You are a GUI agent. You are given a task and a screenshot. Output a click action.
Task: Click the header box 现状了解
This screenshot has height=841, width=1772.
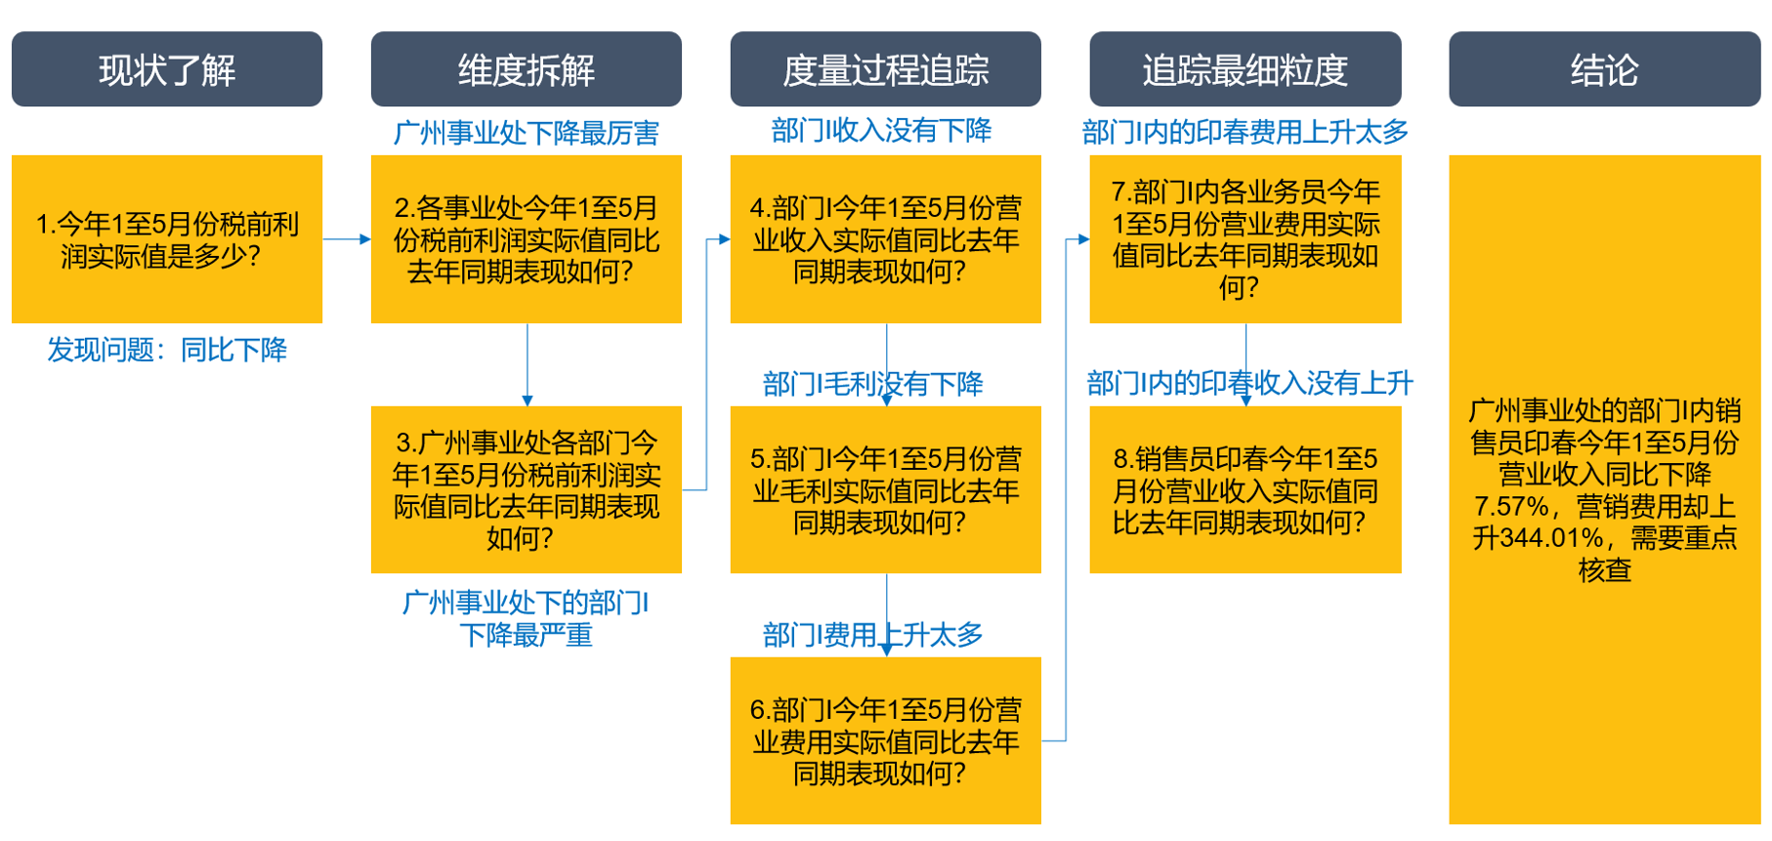[x=167, y=69]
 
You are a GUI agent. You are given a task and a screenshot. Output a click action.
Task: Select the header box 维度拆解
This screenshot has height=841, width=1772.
[x=527, y=69]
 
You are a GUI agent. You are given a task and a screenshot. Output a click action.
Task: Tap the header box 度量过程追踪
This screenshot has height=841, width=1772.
[x=886, y=69]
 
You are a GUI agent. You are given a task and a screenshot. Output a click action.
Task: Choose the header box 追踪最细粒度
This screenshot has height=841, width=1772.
[x=1245, y=69]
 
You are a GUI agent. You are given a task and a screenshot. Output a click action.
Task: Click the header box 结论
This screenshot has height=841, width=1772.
[x=1605, y=69]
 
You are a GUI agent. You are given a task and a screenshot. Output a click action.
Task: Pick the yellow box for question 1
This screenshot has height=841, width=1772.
[x=167, y=239]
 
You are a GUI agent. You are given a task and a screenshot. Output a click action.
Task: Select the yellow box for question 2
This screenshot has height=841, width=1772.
[x=527, y=239]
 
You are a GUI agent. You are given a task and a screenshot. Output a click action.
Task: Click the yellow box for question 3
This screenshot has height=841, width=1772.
[x=527, y=489]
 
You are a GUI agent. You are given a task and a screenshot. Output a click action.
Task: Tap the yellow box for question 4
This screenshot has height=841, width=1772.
[x=886, y=239]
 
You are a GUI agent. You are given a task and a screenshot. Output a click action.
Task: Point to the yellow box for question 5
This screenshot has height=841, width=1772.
[x=886, y=489]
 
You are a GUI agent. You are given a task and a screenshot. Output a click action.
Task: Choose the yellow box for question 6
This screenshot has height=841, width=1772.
[x=886, y=740]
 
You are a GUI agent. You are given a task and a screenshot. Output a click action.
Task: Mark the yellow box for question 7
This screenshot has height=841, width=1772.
[x=1245, y=239]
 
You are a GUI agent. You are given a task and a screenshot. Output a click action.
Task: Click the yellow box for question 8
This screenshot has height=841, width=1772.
[x=1245, y=489]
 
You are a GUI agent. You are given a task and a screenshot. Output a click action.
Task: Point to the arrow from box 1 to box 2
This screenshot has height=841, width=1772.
[x=347, y=239]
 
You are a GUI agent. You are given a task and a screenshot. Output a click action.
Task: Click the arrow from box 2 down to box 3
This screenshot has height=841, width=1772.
[x=527, y=365]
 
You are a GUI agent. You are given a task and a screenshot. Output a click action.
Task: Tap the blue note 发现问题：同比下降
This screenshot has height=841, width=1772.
[x=167, y=350]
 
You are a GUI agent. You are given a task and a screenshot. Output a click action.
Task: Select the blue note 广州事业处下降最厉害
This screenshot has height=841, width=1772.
[x=527, y=133]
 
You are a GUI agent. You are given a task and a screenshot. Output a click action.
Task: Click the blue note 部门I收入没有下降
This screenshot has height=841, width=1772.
[x=881, y=131]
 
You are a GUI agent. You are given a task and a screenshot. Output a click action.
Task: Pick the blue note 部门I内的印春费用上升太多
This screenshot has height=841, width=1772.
[x=1245, y=132]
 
